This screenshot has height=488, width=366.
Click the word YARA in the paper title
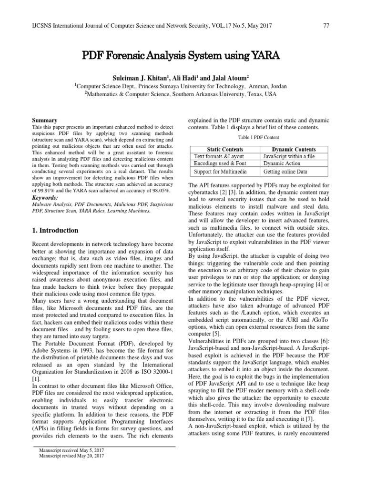point(263,55)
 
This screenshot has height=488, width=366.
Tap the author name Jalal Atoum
point(230,77)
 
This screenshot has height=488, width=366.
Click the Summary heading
point(44,121)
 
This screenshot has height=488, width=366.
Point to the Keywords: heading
point(45,197)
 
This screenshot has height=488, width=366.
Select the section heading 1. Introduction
point(55,230)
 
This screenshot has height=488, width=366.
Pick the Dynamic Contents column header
point(296,150)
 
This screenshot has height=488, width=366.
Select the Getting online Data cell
point(285,171)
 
